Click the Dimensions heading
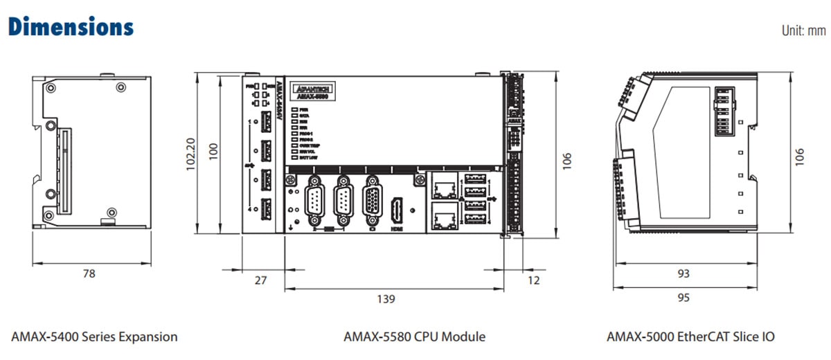pyautogui.click(x=70, y=27)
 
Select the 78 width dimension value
pyautogui.click(x=89, y=273)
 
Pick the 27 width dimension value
pyautogui.click(x=261, y=280)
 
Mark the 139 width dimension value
pyautogui.click(x=386, y=299)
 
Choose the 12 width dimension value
pyautogui.click(x=533, y=280)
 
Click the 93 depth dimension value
pyautogui.click(x=683, y=273)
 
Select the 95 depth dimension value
pyautogui.click(x=683, y=299)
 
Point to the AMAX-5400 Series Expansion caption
pyautogui.click(x=94, y=337)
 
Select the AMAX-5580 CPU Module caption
pyautogui.click(x=414, y=337)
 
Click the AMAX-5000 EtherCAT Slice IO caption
pyautogui.click(x=690, y=337)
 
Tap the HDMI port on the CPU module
pyautogui.click(x=397, y=210)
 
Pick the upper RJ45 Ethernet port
pyautogui.click(x=442, y=186)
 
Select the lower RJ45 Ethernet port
pyautogui.click(x=442, y=215)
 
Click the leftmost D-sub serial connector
pyautogui.click(x=312, y=200)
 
